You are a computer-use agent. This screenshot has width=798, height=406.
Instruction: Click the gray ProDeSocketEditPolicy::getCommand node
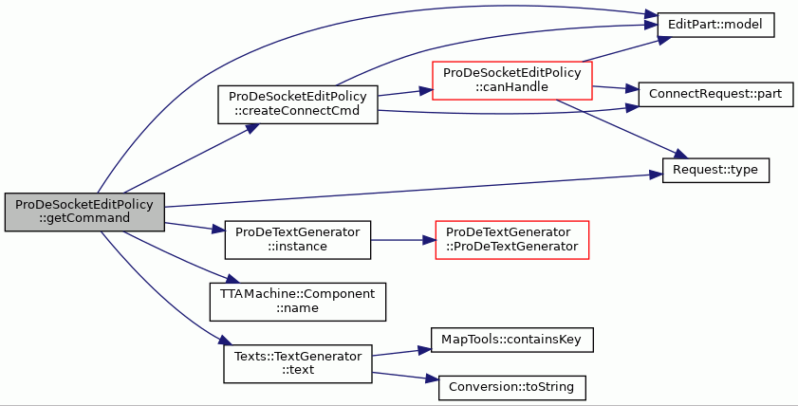tap(84, 212)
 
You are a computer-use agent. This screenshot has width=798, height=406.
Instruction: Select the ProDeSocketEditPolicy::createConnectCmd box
tap(298, 104)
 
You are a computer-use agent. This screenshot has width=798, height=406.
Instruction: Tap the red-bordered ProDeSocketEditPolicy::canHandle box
tap(512, 81)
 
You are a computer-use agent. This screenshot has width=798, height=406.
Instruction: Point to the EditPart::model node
tap(715, 25)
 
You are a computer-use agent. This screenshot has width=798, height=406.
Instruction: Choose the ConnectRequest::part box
tap(715, 94)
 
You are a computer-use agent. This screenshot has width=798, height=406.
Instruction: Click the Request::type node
tap(715, 170)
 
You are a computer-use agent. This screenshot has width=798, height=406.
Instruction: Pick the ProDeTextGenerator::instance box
tap(298, 240)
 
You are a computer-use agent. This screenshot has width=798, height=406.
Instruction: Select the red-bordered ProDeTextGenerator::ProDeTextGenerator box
tap(512, 240)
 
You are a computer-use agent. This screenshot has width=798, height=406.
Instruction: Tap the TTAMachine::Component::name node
tap(298, 302)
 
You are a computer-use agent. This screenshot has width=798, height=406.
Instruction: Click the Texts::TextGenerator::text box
tap(298, 363)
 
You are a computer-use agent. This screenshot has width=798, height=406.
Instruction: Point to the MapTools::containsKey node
tap(512, 340)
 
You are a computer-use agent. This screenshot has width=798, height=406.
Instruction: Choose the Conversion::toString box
tap(512, 388)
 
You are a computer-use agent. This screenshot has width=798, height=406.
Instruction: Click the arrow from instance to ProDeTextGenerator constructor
tap(403, 240)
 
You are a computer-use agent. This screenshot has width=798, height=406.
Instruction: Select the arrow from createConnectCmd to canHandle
tap(405, 93)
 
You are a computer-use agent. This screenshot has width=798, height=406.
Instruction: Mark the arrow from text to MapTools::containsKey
tap(401, 352)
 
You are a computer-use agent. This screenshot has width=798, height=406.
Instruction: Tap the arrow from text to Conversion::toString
tap(405, 376)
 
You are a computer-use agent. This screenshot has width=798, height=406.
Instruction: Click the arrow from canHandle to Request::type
tap(622, 128)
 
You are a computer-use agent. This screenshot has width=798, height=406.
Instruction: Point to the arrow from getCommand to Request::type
tap(414, 191)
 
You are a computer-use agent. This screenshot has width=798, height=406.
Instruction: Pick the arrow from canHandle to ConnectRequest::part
tap(615, 88)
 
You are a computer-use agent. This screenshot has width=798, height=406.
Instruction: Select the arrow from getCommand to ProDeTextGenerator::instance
tap(195, 227)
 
